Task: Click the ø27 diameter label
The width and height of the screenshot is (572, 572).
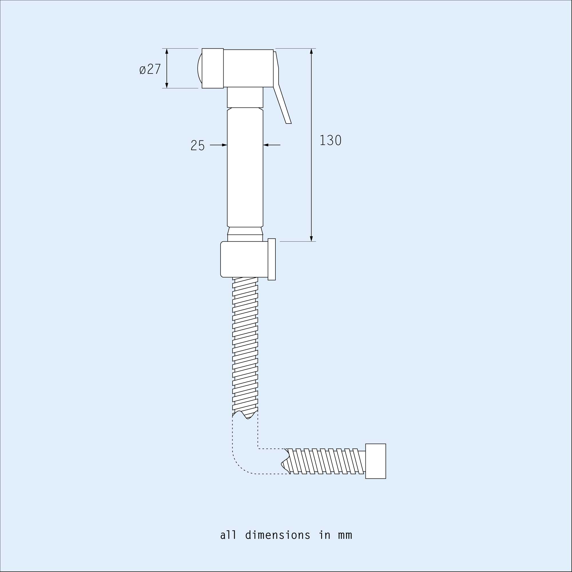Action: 150,69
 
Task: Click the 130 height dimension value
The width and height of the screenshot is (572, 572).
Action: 330,140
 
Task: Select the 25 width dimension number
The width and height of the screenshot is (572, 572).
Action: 197,145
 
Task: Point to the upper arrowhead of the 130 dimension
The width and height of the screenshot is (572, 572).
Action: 311,51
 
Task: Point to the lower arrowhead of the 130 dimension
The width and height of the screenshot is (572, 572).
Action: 311,238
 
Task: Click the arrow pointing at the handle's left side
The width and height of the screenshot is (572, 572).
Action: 224,145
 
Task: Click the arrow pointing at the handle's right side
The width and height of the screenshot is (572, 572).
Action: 266,145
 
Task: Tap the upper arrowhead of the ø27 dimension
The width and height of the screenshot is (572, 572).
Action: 167,51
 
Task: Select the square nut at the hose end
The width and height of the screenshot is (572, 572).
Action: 376,461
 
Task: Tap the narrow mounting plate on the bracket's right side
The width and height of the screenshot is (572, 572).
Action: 271,259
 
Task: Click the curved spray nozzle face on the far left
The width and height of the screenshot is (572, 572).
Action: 200,68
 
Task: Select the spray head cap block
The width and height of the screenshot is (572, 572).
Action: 212,68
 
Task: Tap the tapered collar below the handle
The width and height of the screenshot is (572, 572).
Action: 245,231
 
